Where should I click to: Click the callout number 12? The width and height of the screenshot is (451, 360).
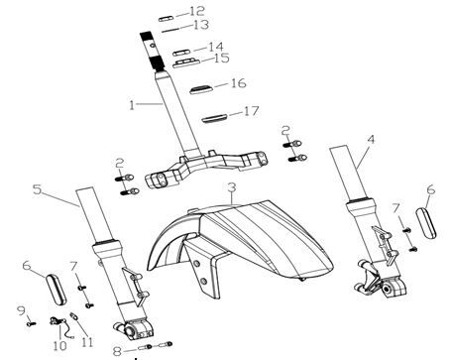coord(197,11)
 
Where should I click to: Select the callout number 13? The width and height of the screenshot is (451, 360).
coord(201,25)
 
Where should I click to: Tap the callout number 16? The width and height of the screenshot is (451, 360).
coord(238,83)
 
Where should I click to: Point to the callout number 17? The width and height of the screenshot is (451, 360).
coord(251,111)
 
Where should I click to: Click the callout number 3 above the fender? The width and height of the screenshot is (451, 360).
coord(232,187)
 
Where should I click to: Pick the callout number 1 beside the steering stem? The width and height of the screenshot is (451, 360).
coord(132,105)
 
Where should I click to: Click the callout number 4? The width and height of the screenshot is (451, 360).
coord(371,140)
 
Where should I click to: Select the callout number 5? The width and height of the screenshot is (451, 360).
coord(38,189)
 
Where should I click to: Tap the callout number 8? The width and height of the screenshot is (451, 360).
coord(117,351)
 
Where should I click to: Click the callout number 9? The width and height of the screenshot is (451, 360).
coord(21,310)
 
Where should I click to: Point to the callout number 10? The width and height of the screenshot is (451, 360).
coord(59,346)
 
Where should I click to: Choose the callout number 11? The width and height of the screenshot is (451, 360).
coord(87,342)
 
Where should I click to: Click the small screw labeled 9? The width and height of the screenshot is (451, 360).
coord(31,324)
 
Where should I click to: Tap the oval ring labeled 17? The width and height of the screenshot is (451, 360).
coord(214,118)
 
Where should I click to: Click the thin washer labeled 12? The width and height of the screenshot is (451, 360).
coord(167,19)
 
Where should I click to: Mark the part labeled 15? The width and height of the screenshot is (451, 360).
coord(186,62)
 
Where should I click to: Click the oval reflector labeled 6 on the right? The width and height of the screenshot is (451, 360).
coord(426,223)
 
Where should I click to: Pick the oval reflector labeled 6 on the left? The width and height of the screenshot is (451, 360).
coord(56,290)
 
